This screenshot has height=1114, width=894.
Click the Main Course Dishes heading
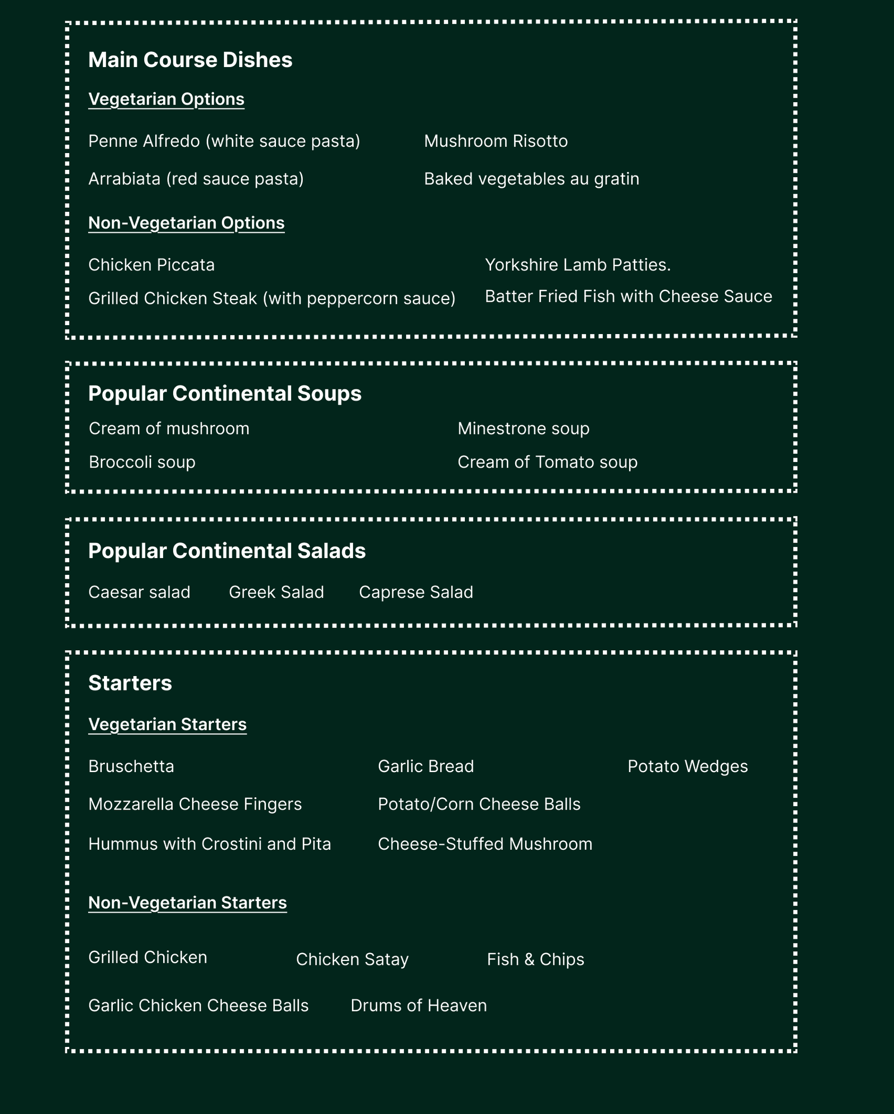click(190, 60)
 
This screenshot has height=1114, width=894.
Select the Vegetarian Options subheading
click(166, 99)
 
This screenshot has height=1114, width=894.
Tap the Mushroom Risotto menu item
click(496, 141)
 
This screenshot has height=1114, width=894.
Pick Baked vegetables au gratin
click(531, 179)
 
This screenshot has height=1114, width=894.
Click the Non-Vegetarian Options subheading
click(186, 223)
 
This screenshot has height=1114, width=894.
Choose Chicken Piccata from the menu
click(151, 265)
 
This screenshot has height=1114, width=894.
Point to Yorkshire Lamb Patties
click(578, 265)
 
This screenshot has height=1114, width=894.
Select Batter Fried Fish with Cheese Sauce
click(628, 296)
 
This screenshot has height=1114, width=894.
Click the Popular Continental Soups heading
click(225, 393)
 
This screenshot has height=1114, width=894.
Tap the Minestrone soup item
click(524, 429)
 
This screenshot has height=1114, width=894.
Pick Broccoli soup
click(142, 462)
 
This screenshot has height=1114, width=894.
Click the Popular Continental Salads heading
click(227, 551)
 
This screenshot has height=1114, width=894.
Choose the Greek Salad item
click(276, 592)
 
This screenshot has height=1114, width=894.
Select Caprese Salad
click(416, 592)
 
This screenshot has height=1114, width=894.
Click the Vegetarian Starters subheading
click(167, 724)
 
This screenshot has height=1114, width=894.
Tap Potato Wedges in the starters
click(687, 767)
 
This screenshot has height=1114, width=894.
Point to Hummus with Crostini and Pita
click(210, 844)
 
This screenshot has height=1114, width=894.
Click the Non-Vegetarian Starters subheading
click(187, 902)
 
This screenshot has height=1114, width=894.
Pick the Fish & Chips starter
click(535, 959)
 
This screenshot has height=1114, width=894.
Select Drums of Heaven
click(419, 1006)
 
